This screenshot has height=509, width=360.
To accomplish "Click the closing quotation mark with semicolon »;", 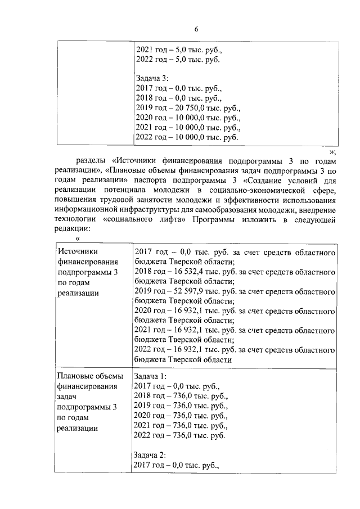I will point(333,150).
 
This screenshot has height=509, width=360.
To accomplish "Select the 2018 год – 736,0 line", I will point(180,396).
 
